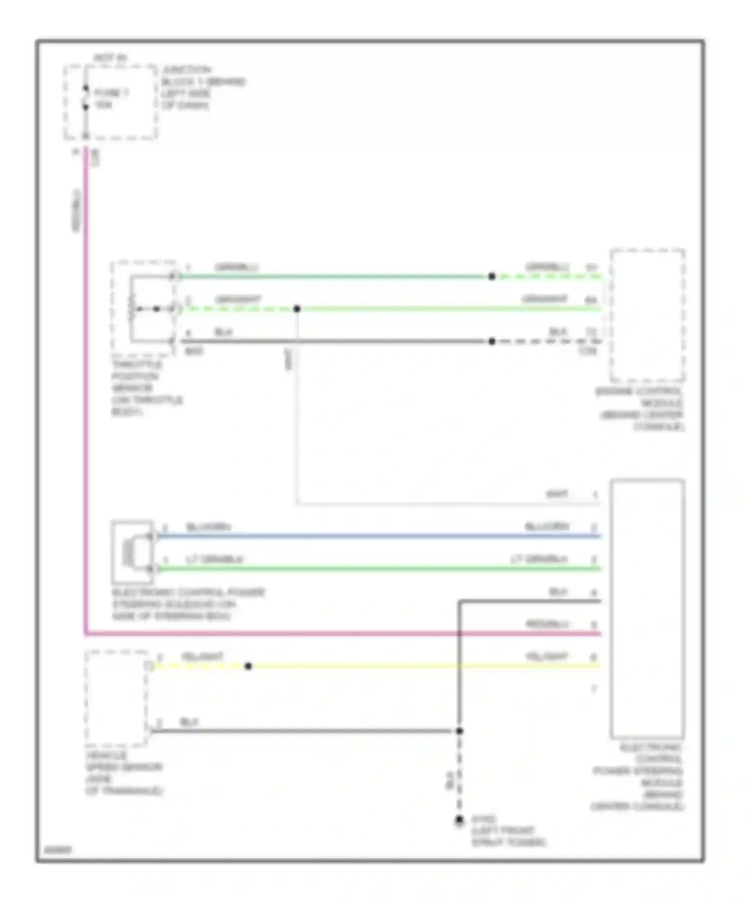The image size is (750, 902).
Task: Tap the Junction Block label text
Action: (203, 87)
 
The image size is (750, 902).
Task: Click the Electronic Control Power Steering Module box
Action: (647, 608)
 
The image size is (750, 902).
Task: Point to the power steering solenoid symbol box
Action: (132, 552)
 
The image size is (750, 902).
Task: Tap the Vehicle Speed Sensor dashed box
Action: (116, 698)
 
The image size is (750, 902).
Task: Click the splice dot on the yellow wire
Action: (248, 666)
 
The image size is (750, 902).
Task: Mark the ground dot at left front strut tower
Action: (459, 820)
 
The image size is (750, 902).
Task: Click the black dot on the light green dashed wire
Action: (296, 309)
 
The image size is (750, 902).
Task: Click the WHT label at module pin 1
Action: (556, 494)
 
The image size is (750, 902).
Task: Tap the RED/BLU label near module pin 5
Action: (547, 624)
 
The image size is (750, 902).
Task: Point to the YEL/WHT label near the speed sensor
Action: (202, 656)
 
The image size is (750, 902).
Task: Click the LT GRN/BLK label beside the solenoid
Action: (214, 559)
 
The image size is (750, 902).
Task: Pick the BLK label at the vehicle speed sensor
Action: (189, 721)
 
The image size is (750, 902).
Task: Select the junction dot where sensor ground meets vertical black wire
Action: (459, 731)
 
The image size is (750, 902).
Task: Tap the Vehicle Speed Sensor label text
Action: (124, 773)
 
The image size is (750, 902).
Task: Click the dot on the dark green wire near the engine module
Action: (492, 276)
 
